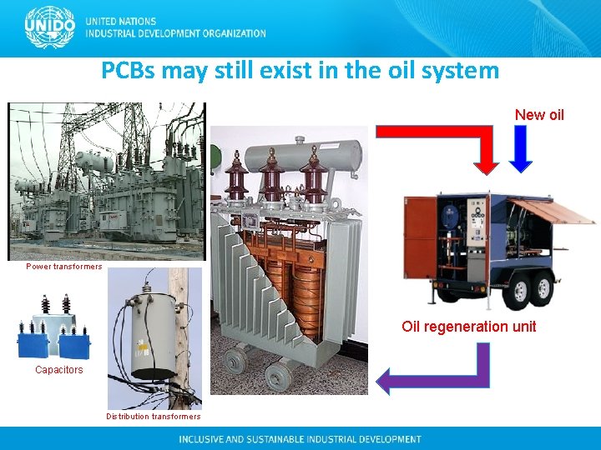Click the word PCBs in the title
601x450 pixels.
129,71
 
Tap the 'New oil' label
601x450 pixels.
539,114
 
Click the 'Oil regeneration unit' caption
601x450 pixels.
468,327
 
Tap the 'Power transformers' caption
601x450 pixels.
64,267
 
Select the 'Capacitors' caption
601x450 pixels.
59,370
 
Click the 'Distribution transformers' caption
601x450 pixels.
154,417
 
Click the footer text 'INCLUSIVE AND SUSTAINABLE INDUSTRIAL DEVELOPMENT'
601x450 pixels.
300,439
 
